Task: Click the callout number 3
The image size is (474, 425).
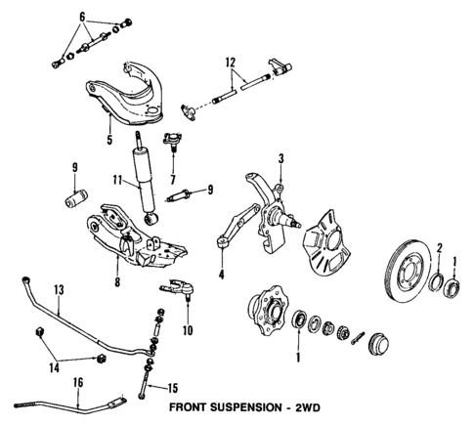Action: click(x=280, y=158)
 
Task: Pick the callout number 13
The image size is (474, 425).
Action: click(x=58, y=289)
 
